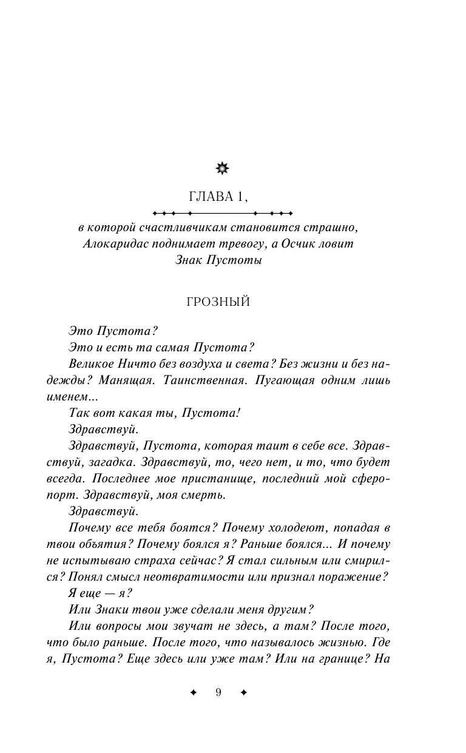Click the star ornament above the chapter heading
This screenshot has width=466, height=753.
click(223, 168)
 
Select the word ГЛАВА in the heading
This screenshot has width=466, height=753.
click(208, 196)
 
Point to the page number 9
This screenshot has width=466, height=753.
click(218, 693)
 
